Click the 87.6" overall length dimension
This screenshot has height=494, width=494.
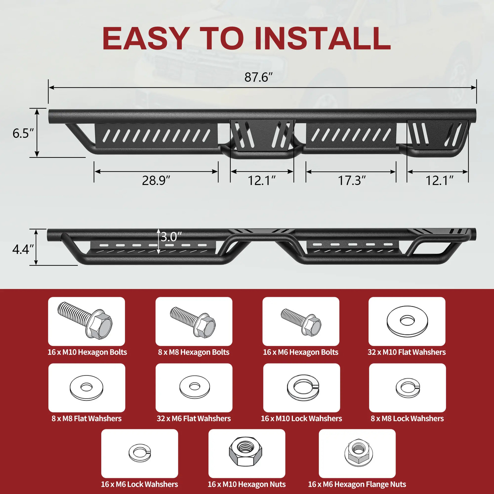(x=259, y=77)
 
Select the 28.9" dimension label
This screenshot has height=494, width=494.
(x=156, y=180)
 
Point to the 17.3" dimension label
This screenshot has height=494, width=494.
(x=352, y=180)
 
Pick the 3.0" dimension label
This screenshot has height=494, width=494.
(x=171, y=237)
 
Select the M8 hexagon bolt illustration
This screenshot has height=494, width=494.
(x=193, y=321)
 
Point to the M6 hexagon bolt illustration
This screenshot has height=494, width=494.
(x=301, y=322)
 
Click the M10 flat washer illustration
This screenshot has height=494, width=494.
(x=407, y=321)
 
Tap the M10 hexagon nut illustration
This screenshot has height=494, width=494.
(x=246, y=451)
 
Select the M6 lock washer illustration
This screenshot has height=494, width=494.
(x=140, y=453)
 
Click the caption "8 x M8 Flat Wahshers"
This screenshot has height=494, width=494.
(x=86, y=418)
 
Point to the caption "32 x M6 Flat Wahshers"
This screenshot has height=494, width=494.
(x=194, y=418)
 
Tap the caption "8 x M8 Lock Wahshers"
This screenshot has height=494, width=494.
(x=407, y=418)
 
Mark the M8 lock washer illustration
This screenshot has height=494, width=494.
(x=408, y=387)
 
